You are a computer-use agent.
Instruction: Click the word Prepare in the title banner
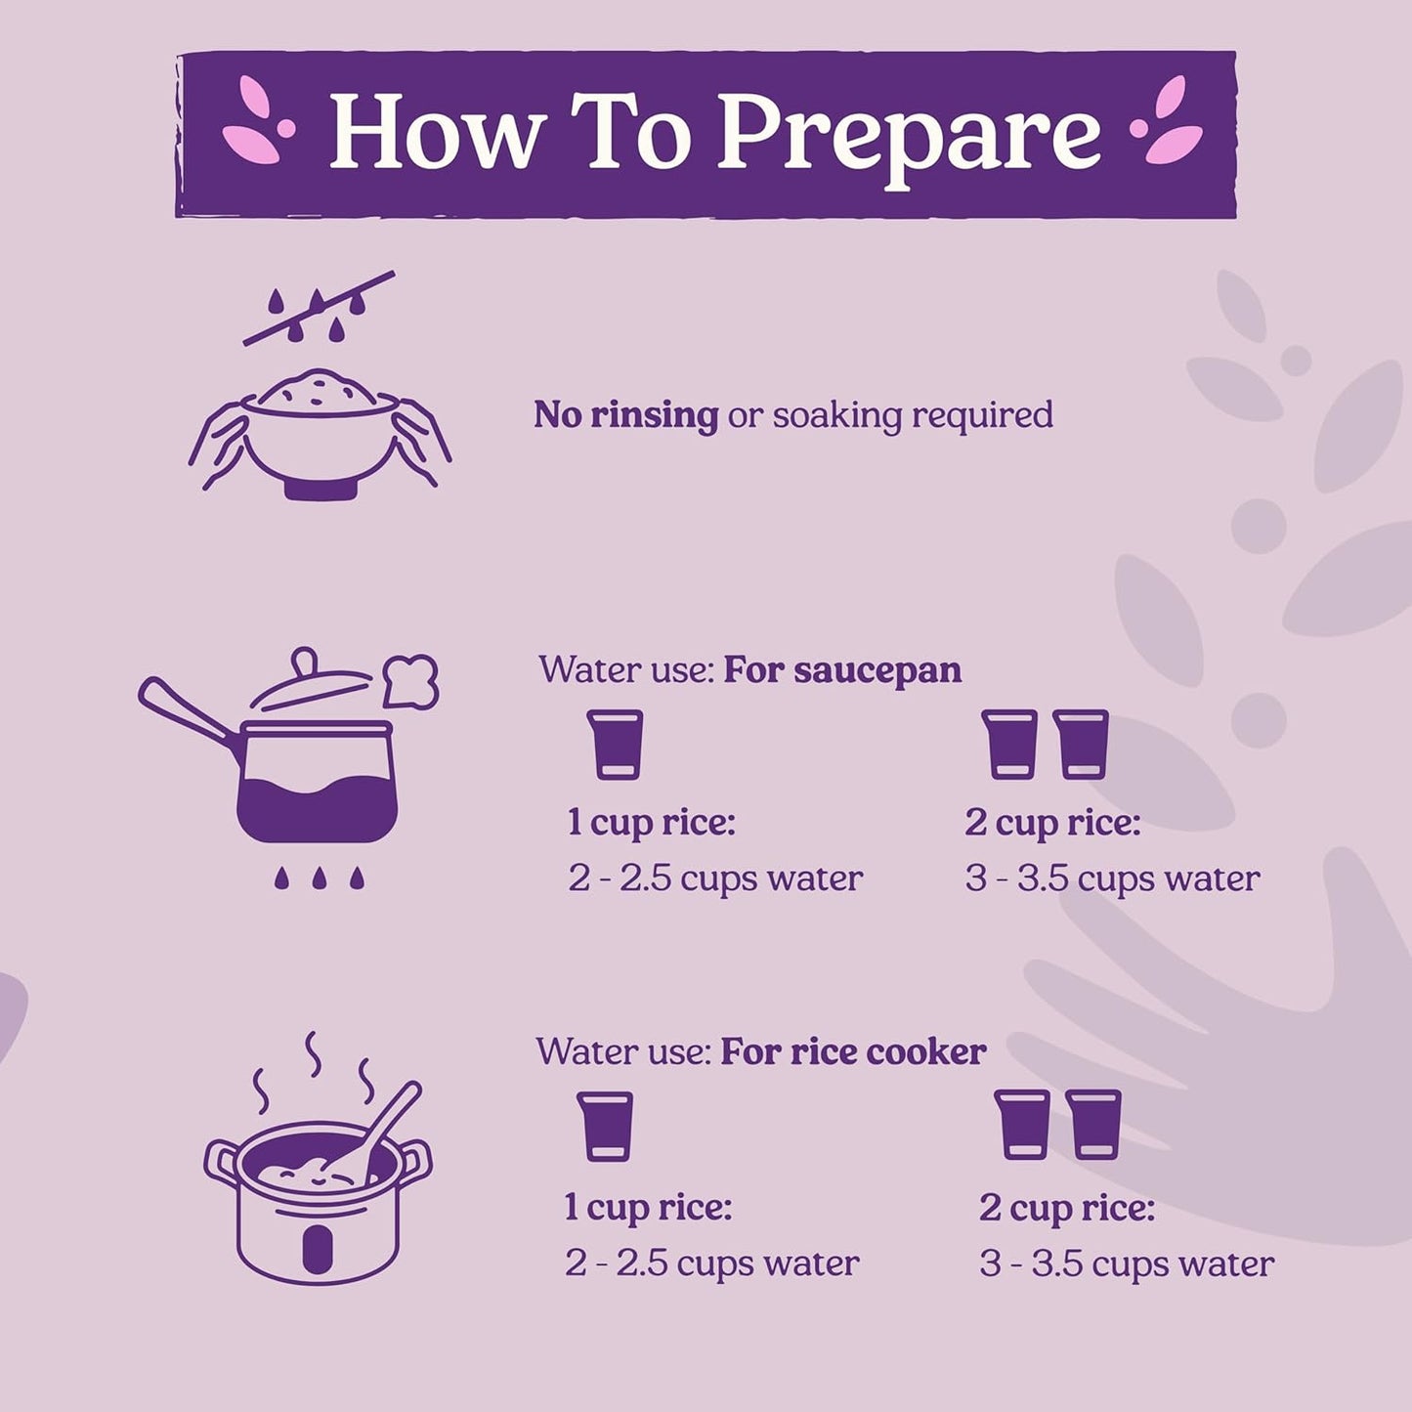click(909, 135)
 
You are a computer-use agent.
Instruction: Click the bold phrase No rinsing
click(625, 414)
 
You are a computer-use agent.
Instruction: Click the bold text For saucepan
click(842, 670)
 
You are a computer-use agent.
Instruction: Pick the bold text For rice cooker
click(854, 1052)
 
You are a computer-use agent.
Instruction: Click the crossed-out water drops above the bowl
click(319, 308)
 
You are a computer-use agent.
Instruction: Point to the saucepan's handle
click(192, 707)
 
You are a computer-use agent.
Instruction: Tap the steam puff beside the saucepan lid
click(411, 681)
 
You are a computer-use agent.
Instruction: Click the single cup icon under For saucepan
click(615, 744)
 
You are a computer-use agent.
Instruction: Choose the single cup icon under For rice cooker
click(605, 1127)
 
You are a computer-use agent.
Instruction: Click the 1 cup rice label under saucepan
click(652, 823)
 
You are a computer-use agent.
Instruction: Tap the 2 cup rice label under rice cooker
click(1067, 1209)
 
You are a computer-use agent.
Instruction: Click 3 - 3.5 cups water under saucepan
click(1112, 878)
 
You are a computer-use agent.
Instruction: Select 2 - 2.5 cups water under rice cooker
click(712, 1263)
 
